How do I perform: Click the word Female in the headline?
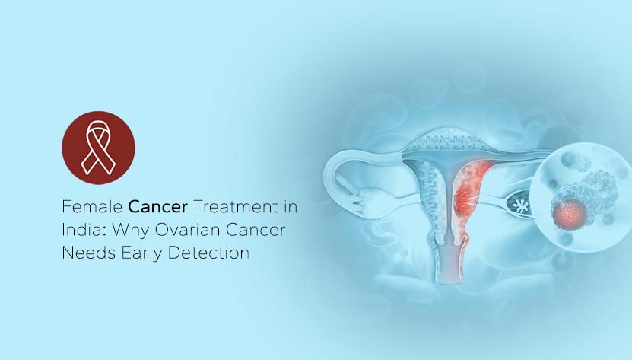(x=92, y=206)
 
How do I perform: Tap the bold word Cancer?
(x=157, y=206)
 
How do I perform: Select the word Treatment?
(x=236, y=206)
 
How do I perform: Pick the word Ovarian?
(x=187, y=230)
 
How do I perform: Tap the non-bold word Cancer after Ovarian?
(x=255, y=230)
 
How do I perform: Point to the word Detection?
(x=208, y=253)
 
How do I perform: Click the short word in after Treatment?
(x=291, y=206)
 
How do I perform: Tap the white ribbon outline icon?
(x=98, y=148)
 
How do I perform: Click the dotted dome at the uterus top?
(x=447, y=139)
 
